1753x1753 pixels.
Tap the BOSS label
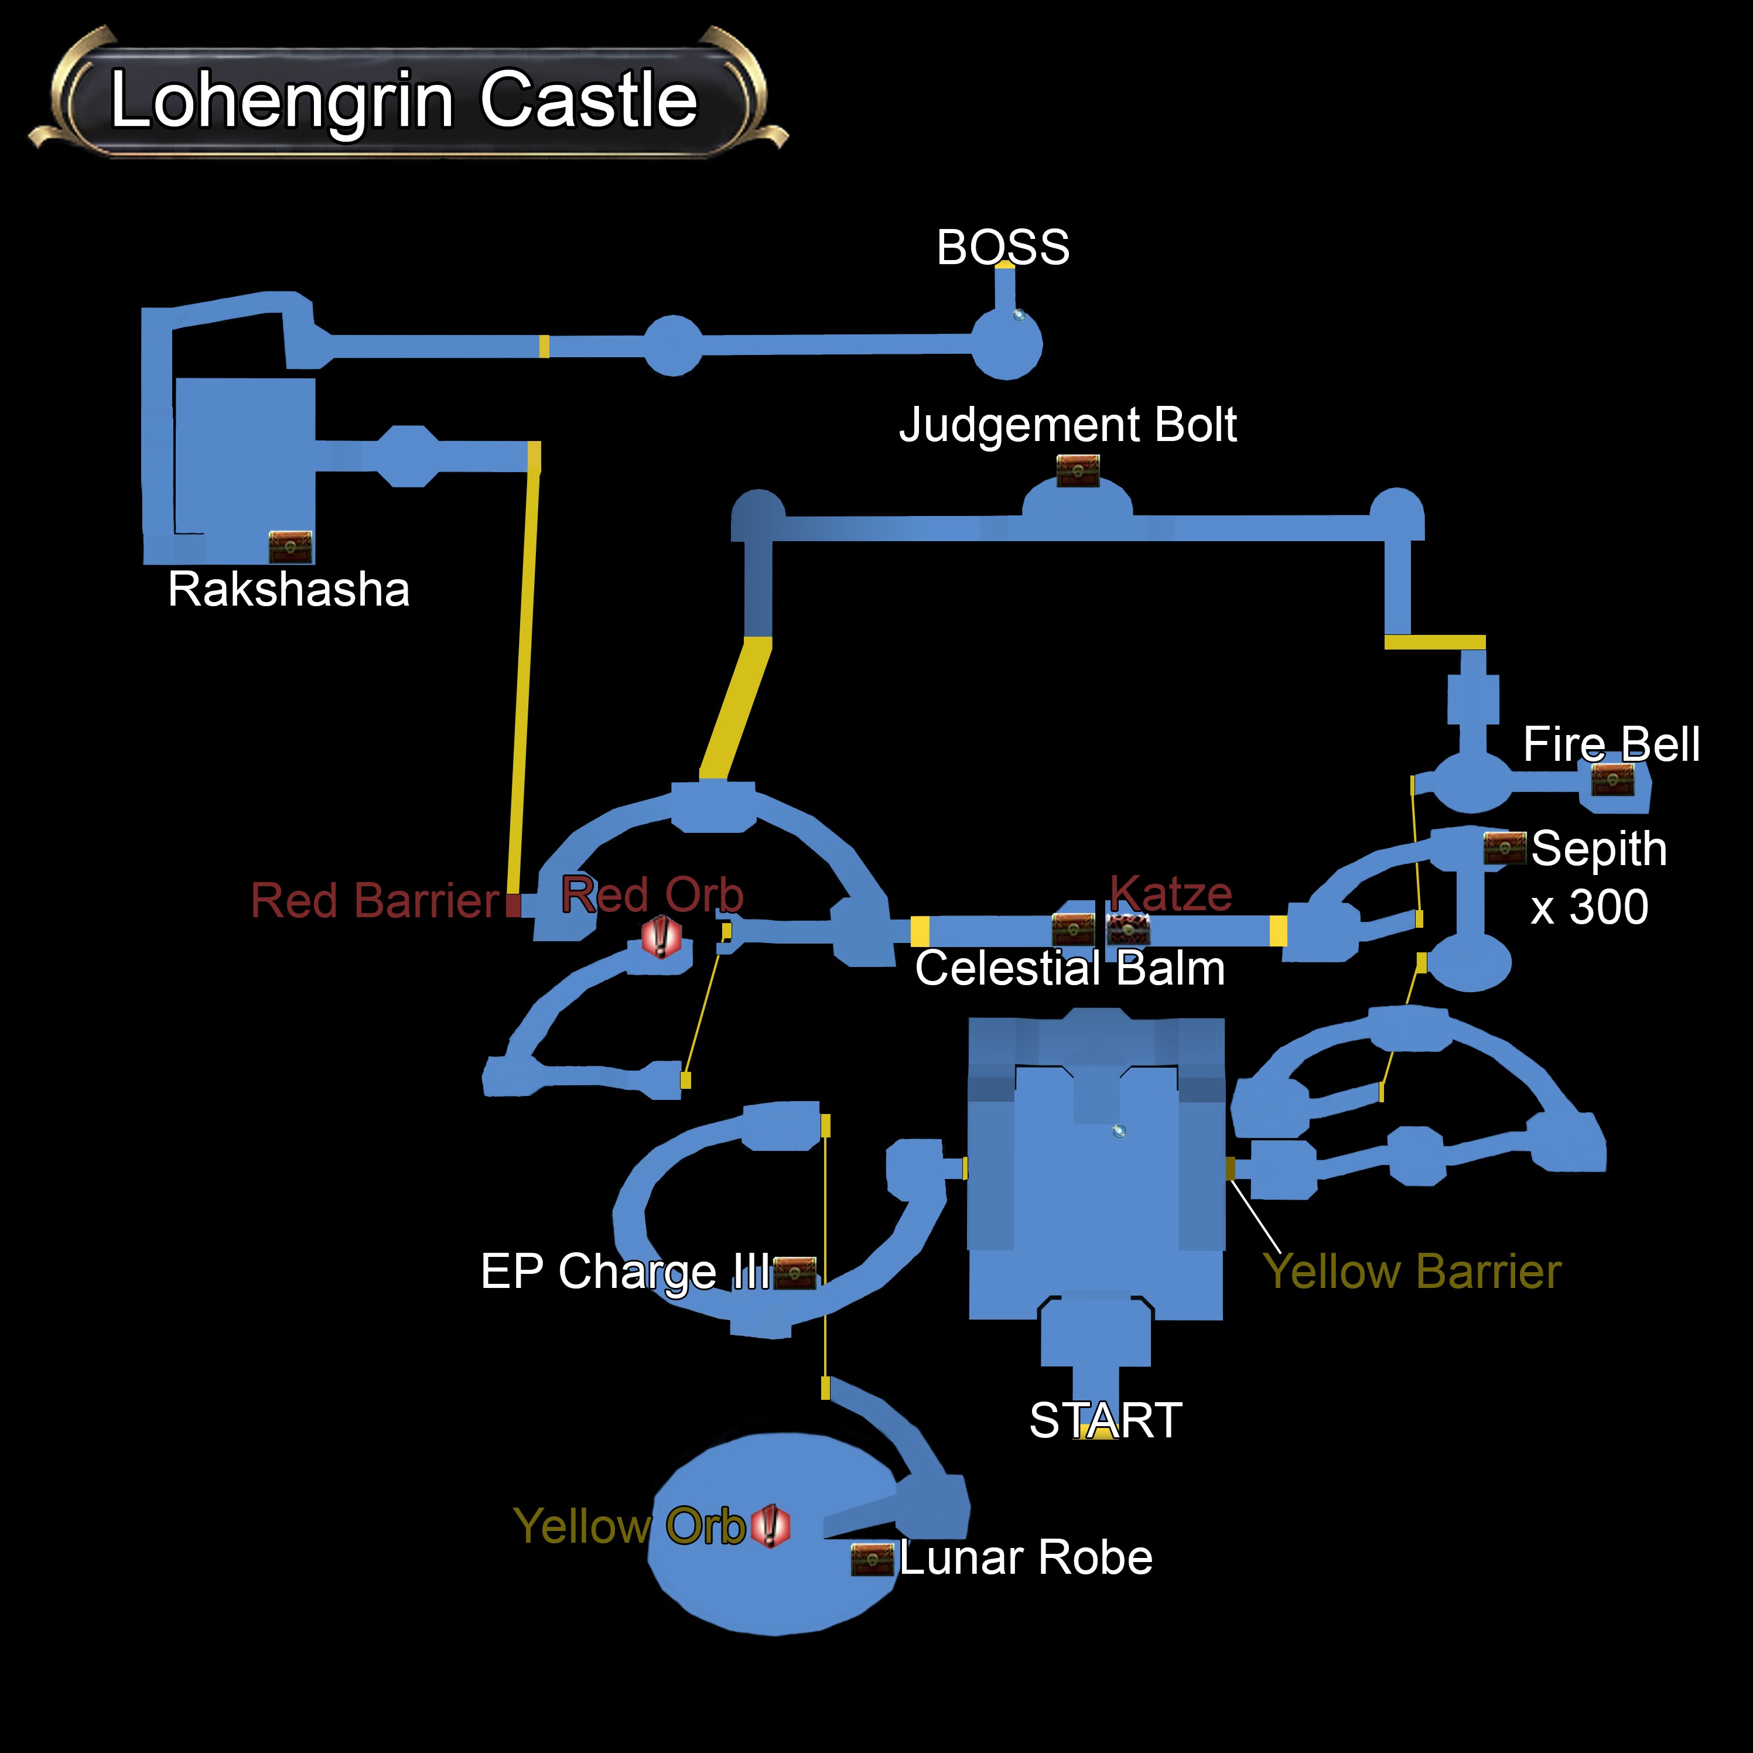[1003, 247]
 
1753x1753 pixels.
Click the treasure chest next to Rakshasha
[291, 546]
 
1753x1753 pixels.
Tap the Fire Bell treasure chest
[1612, 778]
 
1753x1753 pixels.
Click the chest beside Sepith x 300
[1505, 848]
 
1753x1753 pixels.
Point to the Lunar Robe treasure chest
[872, 1559]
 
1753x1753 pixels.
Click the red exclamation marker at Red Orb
[661, 937]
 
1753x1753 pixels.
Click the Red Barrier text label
[375, 900]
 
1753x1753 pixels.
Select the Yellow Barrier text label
[1412, 1271]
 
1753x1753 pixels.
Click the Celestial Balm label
[1069, 968]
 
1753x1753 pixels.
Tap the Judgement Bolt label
[1068, 425]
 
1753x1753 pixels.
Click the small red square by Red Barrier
[514, 905]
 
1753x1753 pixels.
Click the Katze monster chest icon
[1128, 928]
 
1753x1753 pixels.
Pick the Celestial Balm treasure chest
[1074, 928]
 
